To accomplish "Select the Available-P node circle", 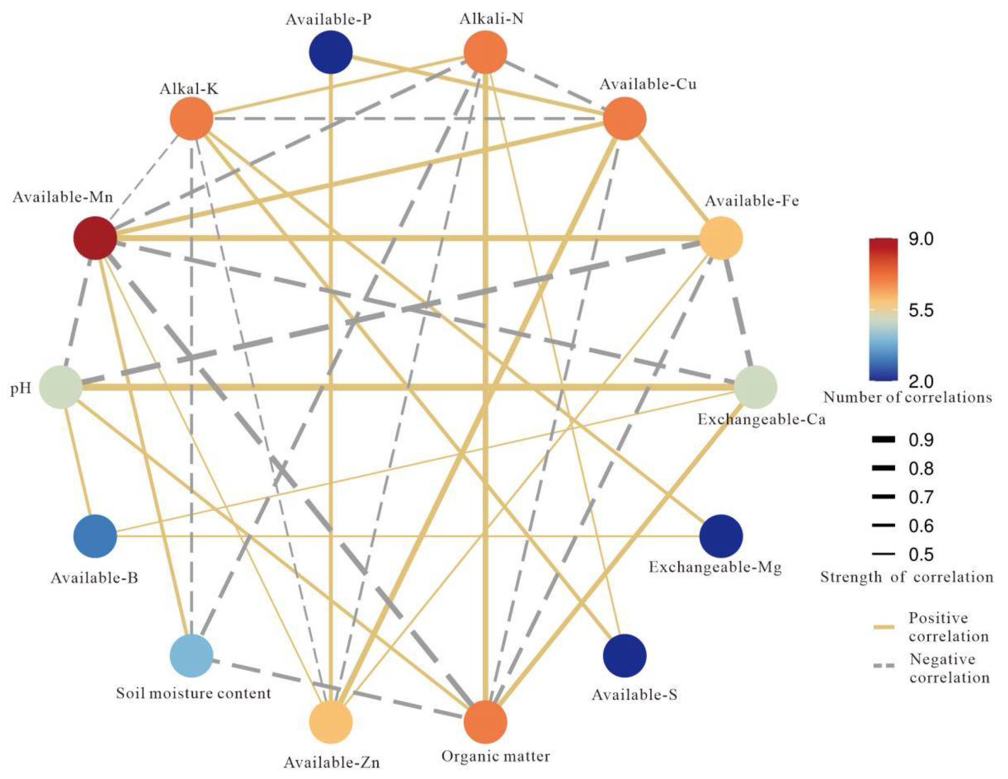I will (x=331, y=52).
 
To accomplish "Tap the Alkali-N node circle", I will (x=485, y=52).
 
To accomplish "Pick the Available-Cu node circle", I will (x=625, y=119).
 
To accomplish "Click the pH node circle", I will (x=61, y=387).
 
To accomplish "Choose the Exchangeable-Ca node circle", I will (x=756, y=387).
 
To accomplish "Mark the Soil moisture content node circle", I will (x=191, y=655).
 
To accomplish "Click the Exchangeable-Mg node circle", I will (x=721, y=536).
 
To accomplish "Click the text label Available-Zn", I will (x=331, y=762).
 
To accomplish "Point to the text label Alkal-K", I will (x=189, y=89).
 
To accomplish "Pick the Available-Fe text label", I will (x=752, y=201).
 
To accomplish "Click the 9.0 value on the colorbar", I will (x=921, y=239).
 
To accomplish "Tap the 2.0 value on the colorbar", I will (x=921, y=381).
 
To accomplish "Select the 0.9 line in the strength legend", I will (x=883, y=440).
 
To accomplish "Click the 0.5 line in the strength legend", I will (x=883, y=554).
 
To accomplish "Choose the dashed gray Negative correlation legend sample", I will (x=883, y=665).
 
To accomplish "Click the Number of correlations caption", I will (x=907, y=397).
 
